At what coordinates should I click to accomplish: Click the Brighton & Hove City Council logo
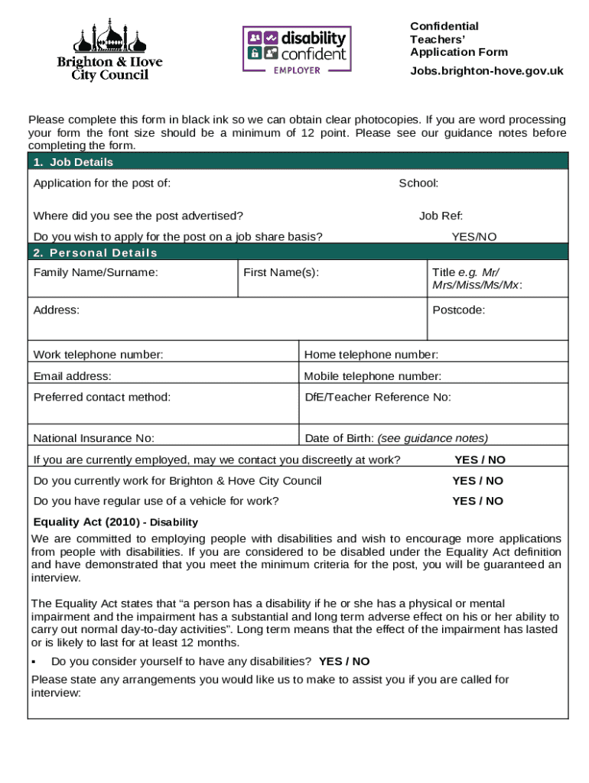(x=109, y=50)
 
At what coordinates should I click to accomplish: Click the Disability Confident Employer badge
(x=297, y=49)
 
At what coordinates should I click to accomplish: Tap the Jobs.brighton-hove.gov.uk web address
(x=486, y=71)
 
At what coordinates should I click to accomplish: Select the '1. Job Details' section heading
(x=73, y=162)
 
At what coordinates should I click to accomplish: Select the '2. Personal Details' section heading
(x=96, y=253)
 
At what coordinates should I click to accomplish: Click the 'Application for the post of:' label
(x=102, y=184)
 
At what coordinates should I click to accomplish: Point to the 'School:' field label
(x=418, y=184)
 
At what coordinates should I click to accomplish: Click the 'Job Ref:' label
(x=441, y=216)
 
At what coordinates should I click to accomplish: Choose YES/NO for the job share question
(x=473, y=237)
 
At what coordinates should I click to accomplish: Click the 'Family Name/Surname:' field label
(x=96, y=273)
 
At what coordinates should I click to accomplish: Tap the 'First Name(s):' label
(x=281, y=273)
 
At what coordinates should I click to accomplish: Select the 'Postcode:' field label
(x=458, y=310)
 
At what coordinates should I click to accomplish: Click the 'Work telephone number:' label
(x=98, y=355)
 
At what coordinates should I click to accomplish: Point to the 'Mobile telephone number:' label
(x=373, y=376)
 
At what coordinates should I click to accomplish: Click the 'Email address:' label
(x=72, y=376)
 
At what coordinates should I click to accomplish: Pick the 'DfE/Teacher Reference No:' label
(x=378, y=397)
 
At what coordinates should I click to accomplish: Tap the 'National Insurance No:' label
(x=93, y=439)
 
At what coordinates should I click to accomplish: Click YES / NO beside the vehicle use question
(x=477, y=502)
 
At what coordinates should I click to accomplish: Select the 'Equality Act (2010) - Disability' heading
(x=116, y=522)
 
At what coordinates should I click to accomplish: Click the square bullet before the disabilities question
(x=34, y=661)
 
